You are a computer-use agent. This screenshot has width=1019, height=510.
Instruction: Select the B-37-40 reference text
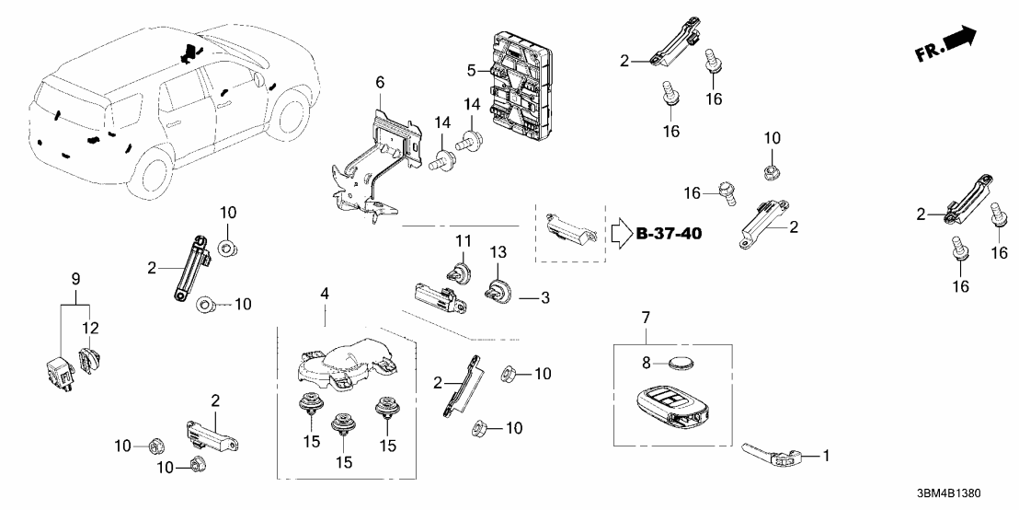click(x=669, y=234)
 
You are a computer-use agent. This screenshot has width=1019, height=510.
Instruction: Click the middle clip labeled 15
click(x=346, y=425)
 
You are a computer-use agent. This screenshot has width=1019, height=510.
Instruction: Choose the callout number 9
click(x=75, y=277)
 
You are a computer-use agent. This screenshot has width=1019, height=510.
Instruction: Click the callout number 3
click(x=544, y=298)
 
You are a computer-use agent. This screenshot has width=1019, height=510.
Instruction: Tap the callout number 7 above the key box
click(x=646, y=319)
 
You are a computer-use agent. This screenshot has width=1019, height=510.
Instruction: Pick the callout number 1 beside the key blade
click(x=825, y=455)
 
